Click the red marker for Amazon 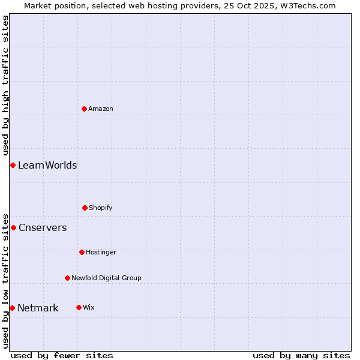click(84, 109)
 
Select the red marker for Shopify click(85, 208)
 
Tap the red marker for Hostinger click(82, 252)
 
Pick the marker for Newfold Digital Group click(67, 278)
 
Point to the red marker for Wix click(79, 307)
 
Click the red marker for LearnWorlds click(13, 165)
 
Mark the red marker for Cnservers click(13, 227)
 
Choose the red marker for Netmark click(12, 308)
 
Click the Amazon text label click(101, 109)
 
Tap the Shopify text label click(101, 208)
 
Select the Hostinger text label click(101, 252)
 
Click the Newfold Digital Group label click(106, 278)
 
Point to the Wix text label click(89, 307)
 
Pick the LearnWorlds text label click(47, 165)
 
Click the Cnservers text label click(43, 227)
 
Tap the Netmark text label click(38, 308)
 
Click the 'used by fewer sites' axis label click(62, 355)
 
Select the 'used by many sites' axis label click(301, 355)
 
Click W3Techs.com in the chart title click(308, 5)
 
